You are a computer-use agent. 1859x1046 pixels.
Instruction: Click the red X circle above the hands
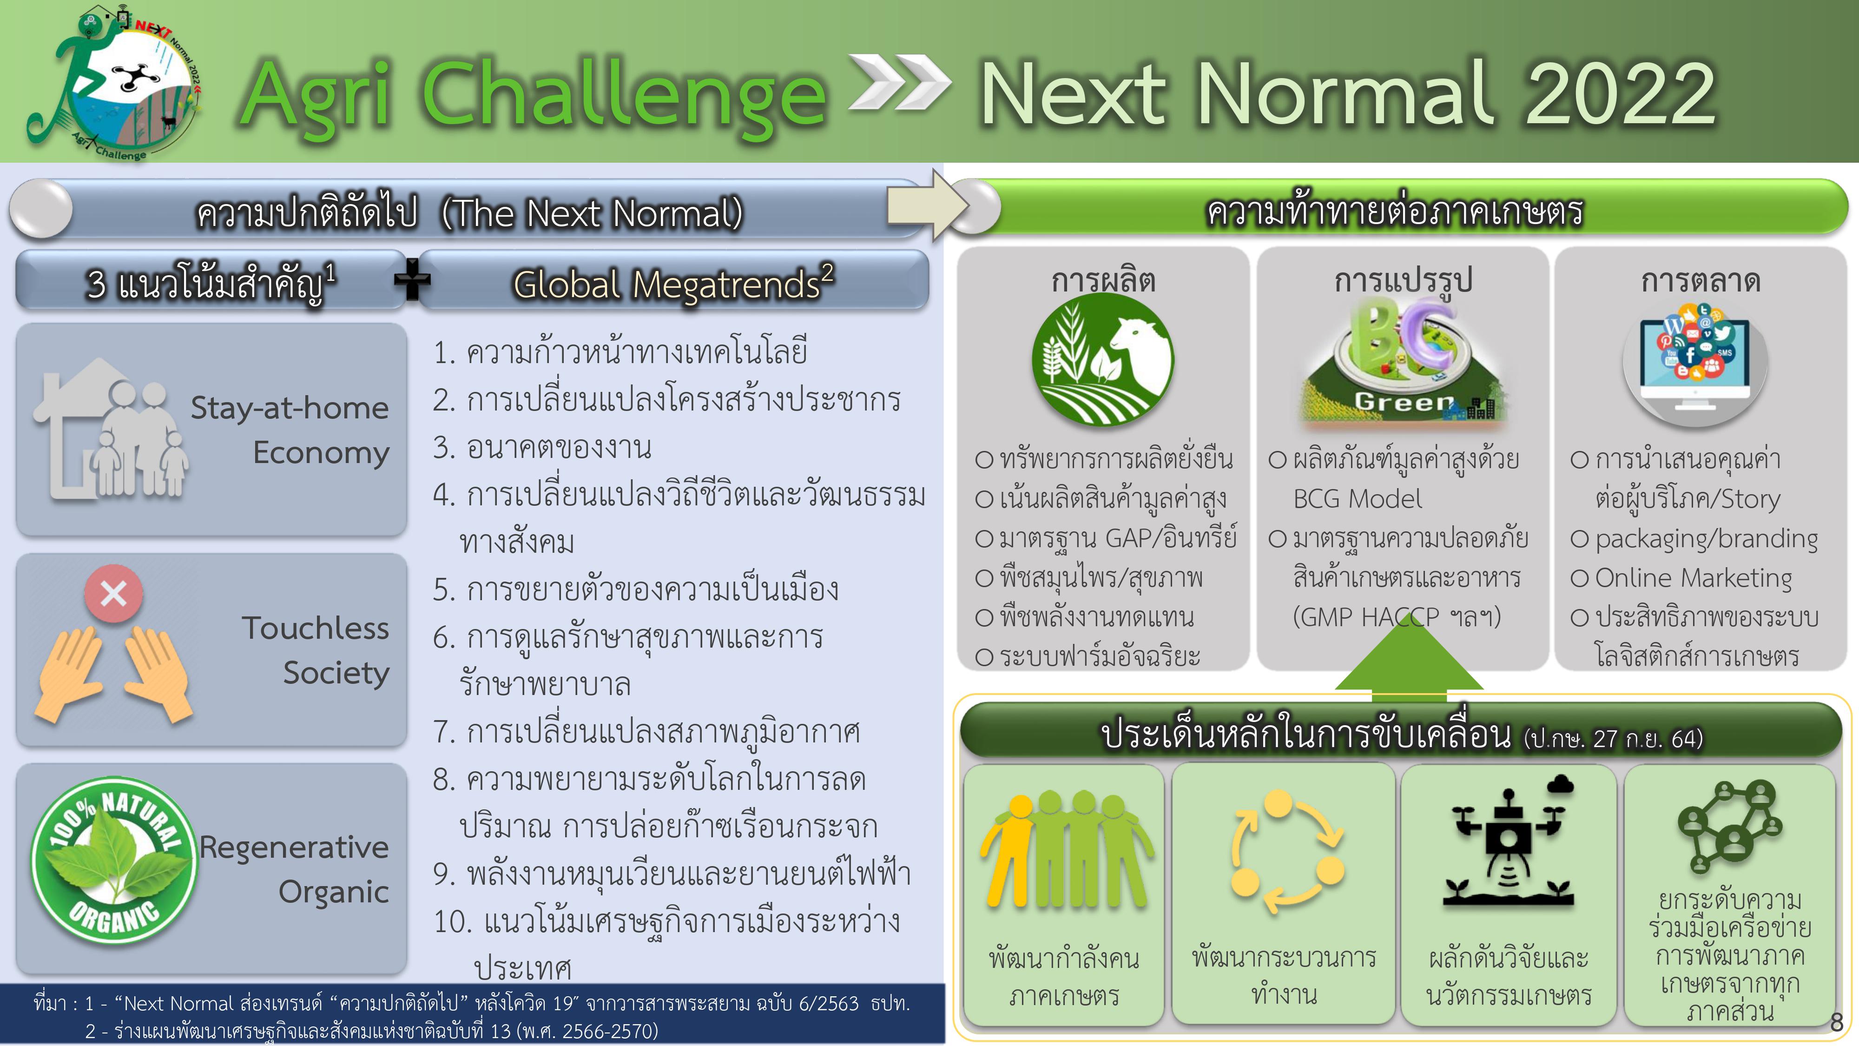113,593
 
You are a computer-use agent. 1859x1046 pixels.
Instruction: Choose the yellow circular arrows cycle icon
1287,852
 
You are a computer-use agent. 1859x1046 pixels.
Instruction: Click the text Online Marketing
1693,578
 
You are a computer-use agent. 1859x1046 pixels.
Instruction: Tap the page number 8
1837,1022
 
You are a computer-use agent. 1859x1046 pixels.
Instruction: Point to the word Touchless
316,628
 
